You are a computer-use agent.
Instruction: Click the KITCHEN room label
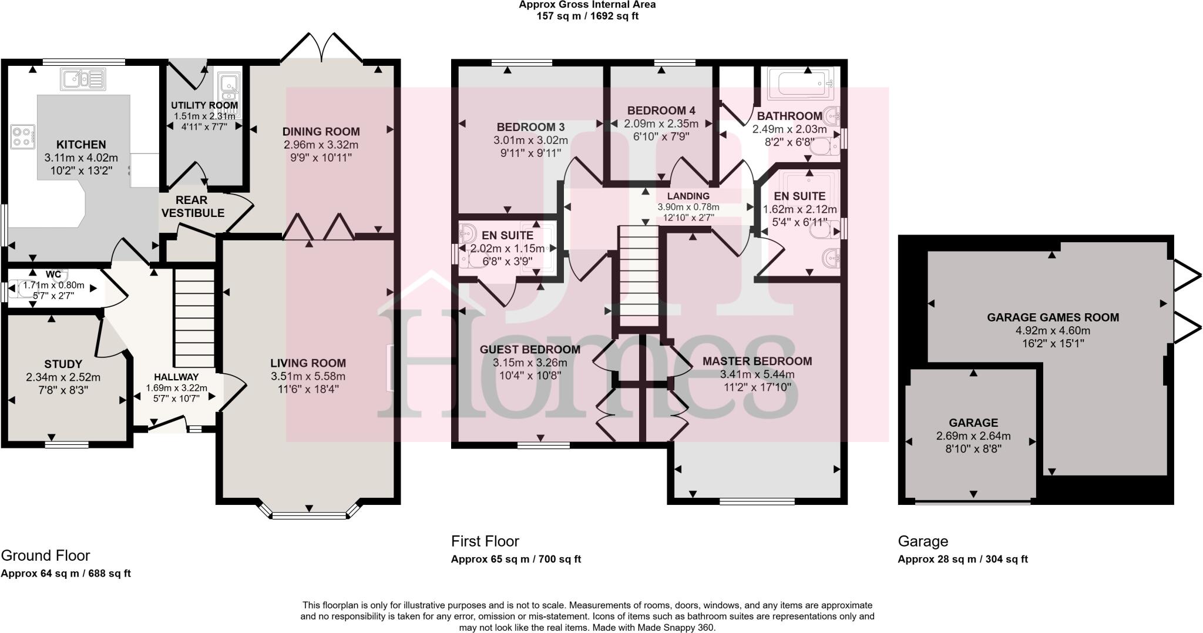click(x=81, y=145)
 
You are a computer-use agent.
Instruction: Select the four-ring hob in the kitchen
click(x=23, y=136)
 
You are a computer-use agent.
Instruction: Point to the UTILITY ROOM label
click(x=204, y=106)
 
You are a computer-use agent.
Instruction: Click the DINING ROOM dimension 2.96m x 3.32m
click(x=321, y=145)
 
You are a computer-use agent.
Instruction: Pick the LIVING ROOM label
click(x=308, y=363)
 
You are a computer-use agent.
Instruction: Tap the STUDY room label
click(x=63, y=364)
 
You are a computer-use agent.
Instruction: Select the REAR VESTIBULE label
click(x=193, y=206)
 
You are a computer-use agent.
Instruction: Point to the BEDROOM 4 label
click(x=661, y=110)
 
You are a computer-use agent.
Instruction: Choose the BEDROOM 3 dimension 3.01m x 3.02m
click(x=530, y=140)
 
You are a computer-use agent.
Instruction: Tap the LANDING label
click(x=688, y=196)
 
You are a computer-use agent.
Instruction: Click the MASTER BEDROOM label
click(x=757, y=361)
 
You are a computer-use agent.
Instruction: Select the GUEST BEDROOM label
click(x=530, y=349)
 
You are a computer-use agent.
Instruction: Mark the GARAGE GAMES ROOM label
click(x=1053, y=317)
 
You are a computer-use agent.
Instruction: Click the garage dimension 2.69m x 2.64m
click(x=973, y=436)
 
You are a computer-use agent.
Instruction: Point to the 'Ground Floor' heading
click(x=46, y=555)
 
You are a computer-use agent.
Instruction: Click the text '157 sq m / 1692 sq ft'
click(x=587, y=16)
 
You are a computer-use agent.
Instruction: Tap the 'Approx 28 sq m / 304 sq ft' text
click(x=962, y=560)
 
